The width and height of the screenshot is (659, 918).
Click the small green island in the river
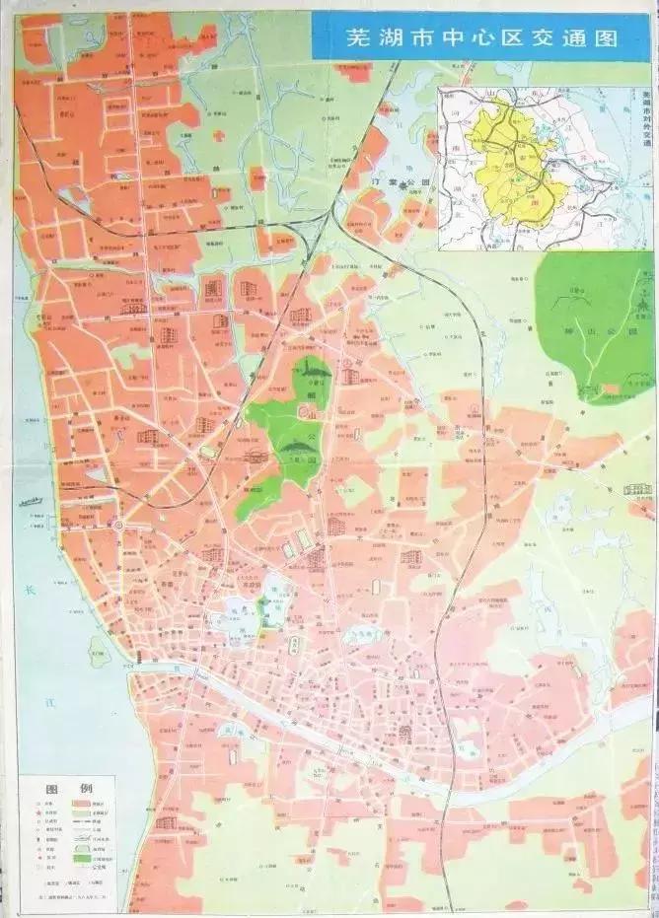pos(97,649)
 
